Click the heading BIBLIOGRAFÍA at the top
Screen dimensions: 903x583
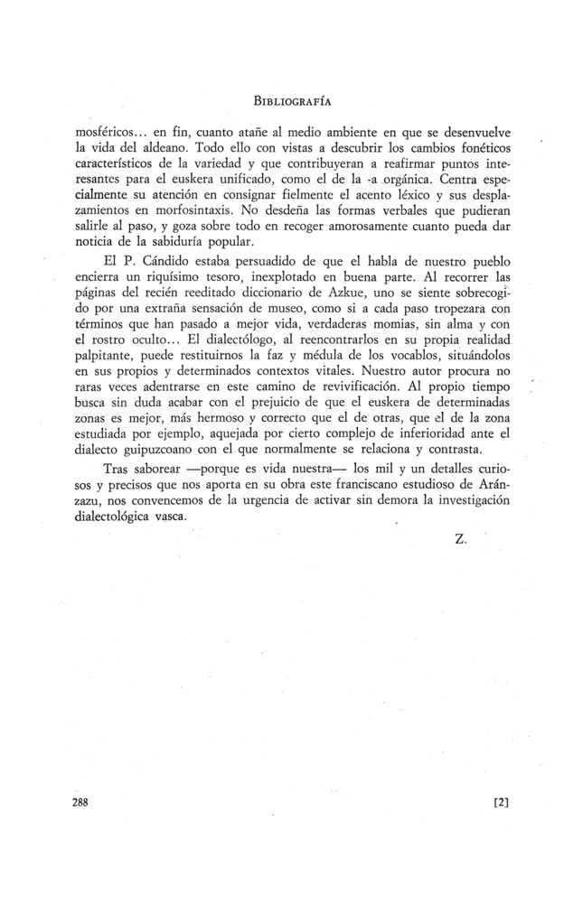[290, 91]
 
